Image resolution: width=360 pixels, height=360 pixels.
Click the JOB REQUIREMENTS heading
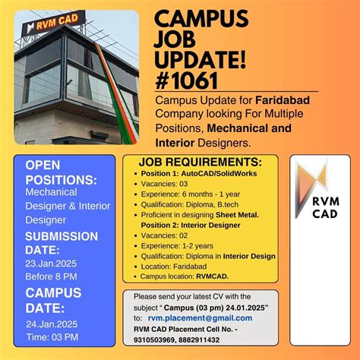click(201, 163)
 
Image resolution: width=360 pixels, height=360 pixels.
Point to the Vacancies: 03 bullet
click(163, 185)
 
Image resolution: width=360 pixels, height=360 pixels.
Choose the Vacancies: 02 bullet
click(163, 236)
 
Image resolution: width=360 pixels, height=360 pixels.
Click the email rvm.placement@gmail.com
click(200, 318)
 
